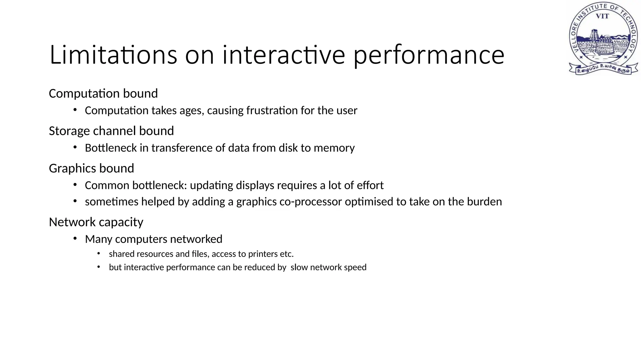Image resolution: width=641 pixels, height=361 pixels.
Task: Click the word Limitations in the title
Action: point(113,55)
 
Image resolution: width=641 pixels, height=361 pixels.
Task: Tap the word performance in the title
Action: point(429,55)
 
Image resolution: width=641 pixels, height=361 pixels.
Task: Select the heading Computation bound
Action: point(103,94)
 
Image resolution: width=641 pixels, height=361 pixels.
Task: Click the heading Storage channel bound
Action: point(111,131)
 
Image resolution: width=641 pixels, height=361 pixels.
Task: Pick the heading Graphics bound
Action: point(91,169)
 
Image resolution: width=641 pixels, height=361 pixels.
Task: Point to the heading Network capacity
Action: point(96,222)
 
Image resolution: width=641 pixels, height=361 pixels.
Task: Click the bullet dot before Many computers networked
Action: point(75,239)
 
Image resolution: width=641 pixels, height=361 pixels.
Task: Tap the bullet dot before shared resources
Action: point(99,253)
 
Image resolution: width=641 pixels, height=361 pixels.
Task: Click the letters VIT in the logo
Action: point(602,16)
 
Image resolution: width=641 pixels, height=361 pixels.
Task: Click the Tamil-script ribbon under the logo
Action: point(603,69)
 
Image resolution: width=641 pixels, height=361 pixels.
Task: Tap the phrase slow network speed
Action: point(328,267)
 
